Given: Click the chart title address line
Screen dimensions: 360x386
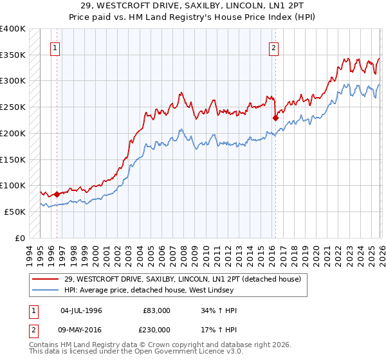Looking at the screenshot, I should click(193, 5).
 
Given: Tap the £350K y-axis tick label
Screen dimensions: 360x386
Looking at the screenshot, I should click(13, 55).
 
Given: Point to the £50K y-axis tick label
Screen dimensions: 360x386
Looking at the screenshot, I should click(15, 212).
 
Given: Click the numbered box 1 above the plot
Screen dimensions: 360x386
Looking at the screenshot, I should click(55, 47).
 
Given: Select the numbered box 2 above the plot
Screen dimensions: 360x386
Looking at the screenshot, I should click(274, 47).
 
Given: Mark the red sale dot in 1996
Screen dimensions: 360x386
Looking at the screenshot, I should click(57, 194).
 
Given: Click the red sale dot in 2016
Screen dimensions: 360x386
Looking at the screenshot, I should click(275, 118).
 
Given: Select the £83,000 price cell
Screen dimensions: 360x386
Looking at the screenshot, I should click(157, 310).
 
